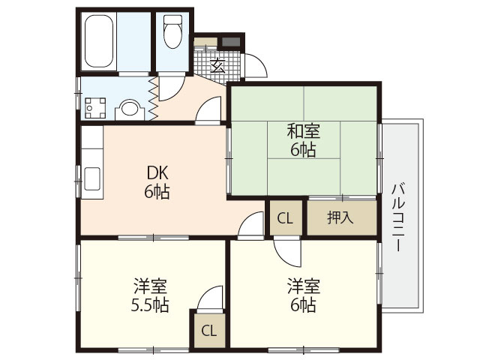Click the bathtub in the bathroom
click(98, 41)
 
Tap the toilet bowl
click(172, 31)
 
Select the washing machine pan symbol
click(95, 108)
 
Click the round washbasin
click(130, 109)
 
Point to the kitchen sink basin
click(91, 178)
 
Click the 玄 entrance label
click(217, 65)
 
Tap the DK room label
click(157, 173)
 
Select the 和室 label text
click(303, 131)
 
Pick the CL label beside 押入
click(285, 218)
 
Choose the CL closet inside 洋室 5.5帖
click(210, 331)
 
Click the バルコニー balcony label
click(398, 217)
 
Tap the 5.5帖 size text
click(150, 305)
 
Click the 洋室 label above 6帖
click(303, 286)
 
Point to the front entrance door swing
click(255, 66)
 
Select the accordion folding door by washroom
click(153, 98)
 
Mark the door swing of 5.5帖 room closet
click(209, 298)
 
